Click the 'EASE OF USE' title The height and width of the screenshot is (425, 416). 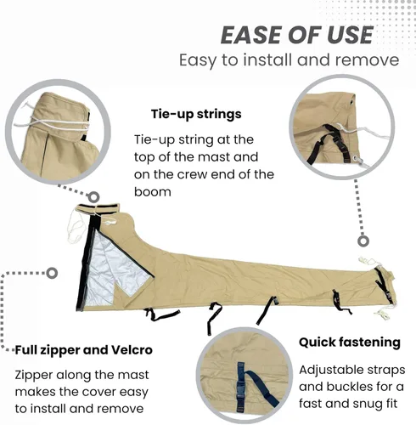click(x=297, y=35)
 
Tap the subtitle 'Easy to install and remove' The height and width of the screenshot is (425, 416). click(x=289, y=60)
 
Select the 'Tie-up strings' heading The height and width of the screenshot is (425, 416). click(x=196, y=114)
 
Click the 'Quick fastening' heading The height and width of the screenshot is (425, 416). click(x=350, y=343)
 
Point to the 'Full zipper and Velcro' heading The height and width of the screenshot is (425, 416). click(x=84, y=350)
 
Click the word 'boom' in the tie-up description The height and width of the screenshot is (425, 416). click(x=153, y=192)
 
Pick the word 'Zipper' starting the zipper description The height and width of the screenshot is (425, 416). click(x=34, y=376)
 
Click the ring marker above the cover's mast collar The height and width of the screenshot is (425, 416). click(x=93, y=196)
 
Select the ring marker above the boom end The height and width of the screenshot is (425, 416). click(x=363, y=241)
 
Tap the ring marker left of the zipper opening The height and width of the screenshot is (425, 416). click(x=52, y=273)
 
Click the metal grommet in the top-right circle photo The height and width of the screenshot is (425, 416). click(x=358, y=161)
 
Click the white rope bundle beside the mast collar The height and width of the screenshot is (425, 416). click(x=76, y=227)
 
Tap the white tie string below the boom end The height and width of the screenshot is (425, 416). click(x=382, y=313)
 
